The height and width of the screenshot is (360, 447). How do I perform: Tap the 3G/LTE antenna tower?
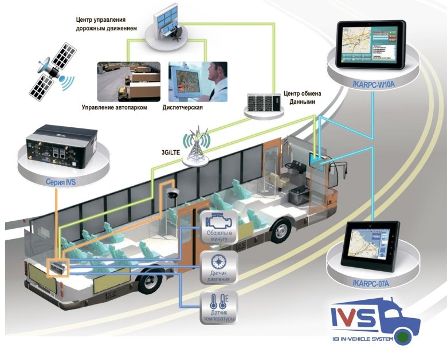click(196, 146)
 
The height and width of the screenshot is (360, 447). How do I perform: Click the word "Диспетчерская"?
click(182, 108)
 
